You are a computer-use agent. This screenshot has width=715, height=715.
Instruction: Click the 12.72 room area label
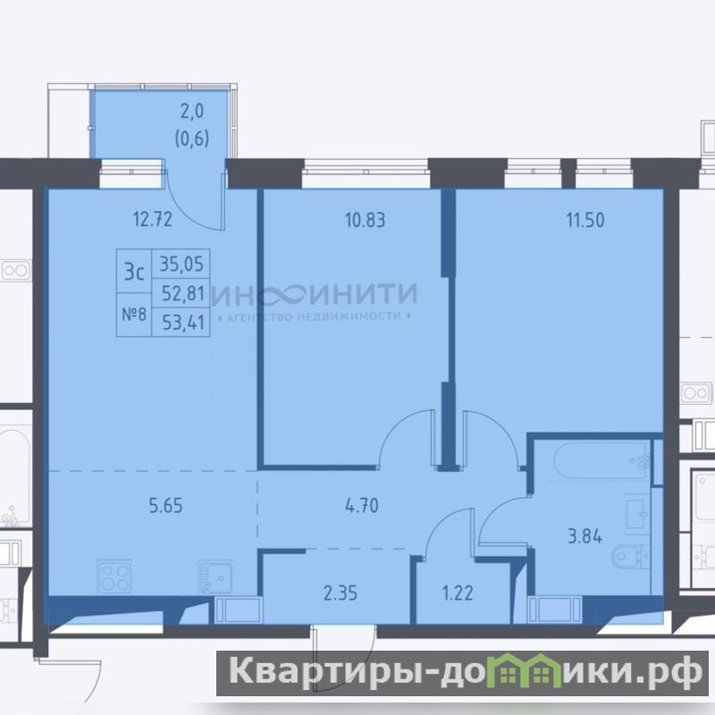pyautogui.click(x=153, y=219)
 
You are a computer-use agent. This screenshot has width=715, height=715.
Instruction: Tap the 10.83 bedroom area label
pyautogui.click(x=366, y=220)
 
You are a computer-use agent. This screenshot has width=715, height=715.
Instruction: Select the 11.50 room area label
pyautogui.click(x=585, y=220)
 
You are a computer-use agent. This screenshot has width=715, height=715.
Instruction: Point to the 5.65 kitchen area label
pyautogui.click(x=166, y=506)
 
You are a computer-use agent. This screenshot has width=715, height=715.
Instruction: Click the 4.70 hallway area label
pyautogui.click(x=362, y=506)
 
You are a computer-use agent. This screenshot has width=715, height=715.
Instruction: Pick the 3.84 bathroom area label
pyautogui.click(x=585, y=536)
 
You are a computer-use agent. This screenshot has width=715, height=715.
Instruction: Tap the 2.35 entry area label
pyautogui.click(x=341, y=593)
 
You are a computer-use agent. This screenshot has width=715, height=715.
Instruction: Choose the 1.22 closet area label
pyautogui.click(x=458, y=593)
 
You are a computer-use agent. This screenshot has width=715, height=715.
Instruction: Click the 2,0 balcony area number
pyautogui.click(x=192, y=111)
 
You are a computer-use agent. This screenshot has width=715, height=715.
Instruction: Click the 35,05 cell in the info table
pyautogui.click(x=181, y=264)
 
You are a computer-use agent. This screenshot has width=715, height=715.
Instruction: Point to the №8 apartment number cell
pyautogui.click(x=134, y=315)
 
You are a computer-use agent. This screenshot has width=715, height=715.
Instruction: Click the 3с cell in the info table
pyautogui.click(x=134, y=272)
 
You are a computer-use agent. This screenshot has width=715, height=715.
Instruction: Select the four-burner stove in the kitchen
pyautogui.click(x=115, y=576)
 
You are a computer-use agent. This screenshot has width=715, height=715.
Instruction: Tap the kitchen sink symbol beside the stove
pyautogui.click(x=215, y=577)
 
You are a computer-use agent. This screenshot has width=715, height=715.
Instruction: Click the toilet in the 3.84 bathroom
pyautogui.click(x=631, y=556)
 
